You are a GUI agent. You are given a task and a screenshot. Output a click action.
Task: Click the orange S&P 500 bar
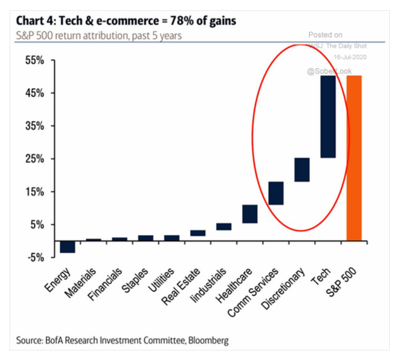pos(354,158)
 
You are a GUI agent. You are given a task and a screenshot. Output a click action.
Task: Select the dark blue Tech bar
pos(328,117)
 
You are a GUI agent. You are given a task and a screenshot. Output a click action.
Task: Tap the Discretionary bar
pos(302,169)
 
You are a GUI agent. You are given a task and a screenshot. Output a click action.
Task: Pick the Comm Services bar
pos(276,193)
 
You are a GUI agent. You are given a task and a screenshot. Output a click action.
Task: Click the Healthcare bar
pos(250,214)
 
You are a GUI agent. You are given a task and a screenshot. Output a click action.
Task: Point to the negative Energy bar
pos(68,247)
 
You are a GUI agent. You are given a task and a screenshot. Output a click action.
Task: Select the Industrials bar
pos(224,227)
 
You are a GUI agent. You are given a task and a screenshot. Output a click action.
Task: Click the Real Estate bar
pos(198,233)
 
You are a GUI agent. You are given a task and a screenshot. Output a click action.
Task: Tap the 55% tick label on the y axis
pos(35,60)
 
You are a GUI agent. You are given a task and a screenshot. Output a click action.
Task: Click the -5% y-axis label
pos(36,258)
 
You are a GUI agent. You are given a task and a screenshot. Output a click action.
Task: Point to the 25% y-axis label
pos(35,159)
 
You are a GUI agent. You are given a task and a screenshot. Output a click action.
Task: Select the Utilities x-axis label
pos(161,280)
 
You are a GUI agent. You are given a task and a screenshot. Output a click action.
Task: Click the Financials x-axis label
pos(105,284)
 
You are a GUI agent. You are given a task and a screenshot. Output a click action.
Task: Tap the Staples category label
pos(135,280)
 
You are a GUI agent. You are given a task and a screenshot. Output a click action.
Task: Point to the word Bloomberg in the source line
pos(208,340)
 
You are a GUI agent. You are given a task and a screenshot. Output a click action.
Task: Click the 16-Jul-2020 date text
pos(350,57)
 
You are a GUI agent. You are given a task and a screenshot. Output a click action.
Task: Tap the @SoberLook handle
pos(329,71)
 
